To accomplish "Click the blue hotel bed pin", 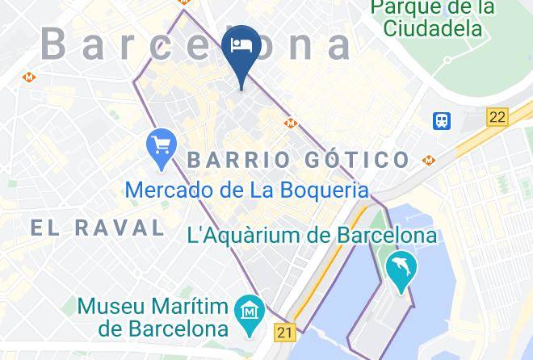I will [242, 45].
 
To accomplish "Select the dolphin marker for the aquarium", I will [401, 270].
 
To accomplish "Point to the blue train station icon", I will [442, 120].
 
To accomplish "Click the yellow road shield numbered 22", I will [497, 117].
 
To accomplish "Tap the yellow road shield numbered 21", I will [284, 331].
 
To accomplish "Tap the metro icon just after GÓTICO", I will [428, 161].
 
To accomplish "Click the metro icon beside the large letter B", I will [29, 77].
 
